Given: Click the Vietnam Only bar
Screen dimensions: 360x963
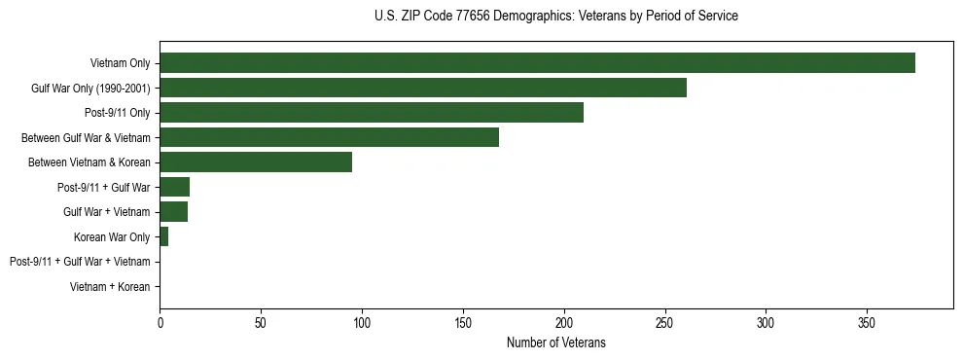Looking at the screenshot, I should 537,63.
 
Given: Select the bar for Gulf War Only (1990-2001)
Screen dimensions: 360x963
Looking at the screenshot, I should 423,89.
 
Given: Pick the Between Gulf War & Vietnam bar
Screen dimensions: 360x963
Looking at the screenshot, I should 329,137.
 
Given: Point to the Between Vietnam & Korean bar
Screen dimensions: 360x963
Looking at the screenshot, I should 256,162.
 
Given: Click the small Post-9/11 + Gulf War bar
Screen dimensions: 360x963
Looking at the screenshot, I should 174,187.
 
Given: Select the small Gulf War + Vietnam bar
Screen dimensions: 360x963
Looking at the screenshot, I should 173,211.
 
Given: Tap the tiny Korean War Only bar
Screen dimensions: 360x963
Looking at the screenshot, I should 163,236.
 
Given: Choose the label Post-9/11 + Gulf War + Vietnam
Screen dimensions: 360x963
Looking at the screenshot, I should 80,262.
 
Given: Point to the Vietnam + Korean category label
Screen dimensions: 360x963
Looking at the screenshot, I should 110,287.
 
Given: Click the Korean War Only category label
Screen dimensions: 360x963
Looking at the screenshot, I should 112,236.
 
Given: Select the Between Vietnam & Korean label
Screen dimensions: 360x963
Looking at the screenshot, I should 89,162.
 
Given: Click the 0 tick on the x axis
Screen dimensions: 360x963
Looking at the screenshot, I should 160,322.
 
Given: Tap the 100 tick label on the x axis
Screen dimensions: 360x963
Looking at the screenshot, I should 362,322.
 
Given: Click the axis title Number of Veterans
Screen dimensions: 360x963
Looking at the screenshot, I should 555,342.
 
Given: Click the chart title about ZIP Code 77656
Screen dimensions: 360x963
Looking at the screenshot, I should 555,17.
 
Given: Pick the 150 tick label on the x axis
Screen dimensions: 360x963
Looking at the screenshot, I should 463,322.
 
